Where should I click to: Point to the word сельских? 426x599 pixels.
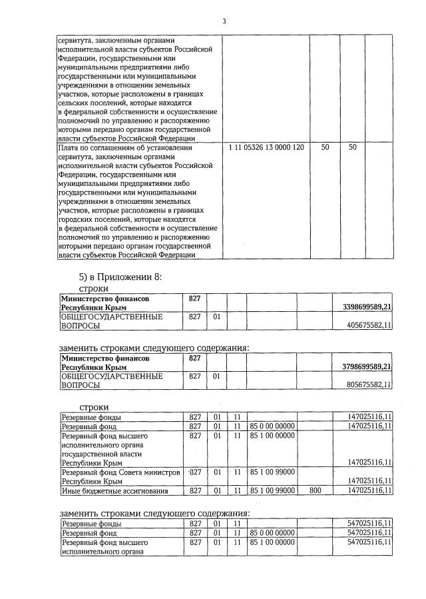point(74,103)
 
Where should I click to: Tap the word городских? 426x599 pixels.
point(77,219)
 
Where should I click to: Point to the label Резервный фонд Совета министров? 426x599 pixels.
point(120,472)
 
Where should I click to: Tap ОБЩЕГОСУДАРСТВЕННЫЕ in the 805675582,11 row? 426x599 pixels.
point(112,376)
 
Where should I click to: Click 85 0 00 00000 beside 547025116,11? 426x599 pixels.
point(272,534)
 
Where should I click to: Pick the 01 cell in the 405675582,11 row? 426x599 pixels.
point(217,317)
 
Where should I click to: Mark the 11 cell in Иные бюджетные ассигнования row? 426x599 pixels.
point(236,491)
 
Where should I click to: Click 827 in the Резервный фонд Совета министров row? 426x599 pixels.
point(195,472)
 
